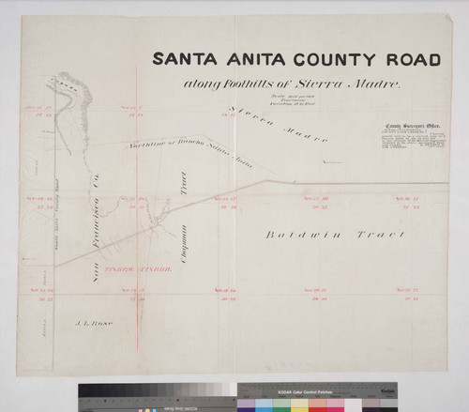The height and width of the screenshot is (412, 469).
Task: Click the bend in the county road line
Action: (x=271, y=181)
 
